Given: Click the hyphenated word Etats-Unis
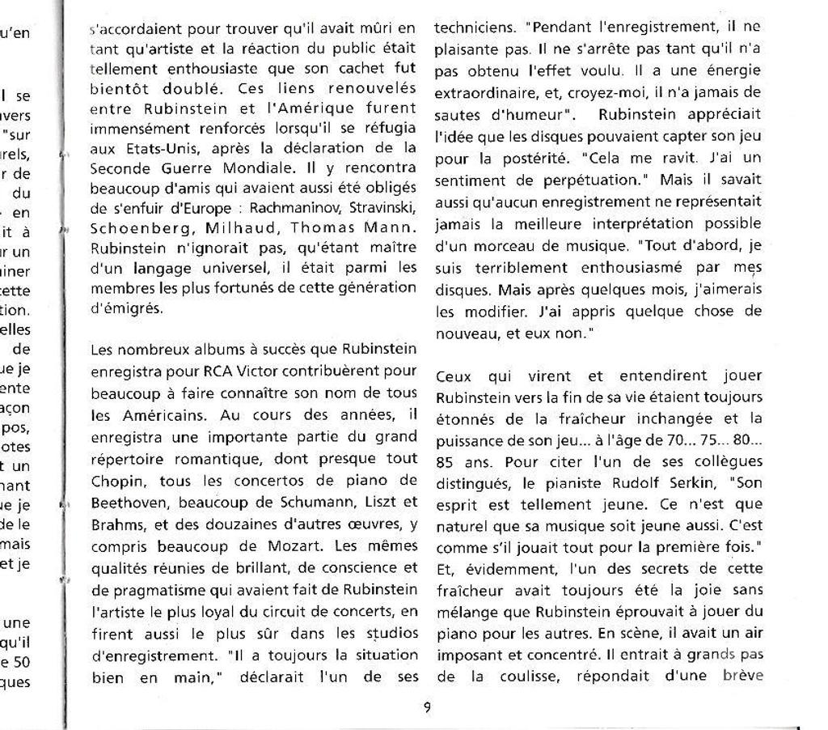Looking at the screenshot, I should [144, 149].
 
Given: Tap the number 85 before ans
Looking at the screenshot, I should [446, 463].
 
